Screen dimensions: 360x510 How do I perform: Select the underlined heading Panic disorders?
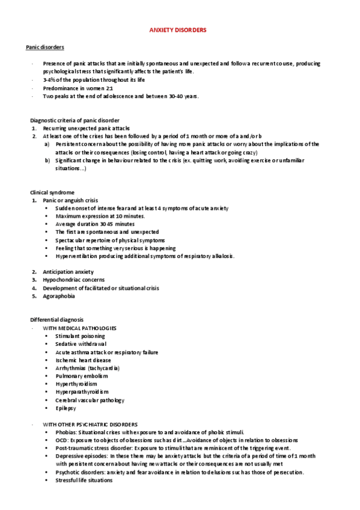coord(44,47)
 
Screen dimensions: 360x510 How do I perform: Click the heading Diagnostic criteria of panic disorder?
coord(75,120)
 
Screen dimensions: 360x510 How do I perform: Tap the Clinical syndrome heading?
coord(52,192)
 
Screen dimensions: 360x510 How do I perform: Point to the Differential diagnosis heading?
coord(57,319)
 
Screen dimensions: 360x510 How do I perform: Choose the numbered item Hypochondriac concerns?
coord(73,280)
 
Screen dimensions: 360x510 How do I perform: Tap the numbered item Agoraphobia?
coord(59,296)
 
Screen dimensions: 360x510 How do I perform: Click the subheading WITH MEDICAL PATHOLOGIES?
coord(79,328)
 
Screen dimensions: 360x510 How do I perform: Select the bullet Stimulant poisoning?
coord(80,336)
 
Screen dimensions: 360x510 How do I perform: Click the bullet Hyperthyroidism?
coord(76,384)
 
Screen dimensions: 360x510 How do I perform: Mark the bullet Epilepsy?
coord(66,408)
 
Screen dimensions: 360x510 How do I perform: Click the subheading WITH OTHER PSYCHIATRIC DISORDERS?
coord(90,424)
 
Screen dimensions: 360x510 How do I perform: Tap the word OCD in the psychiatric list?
coord(61,440)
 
